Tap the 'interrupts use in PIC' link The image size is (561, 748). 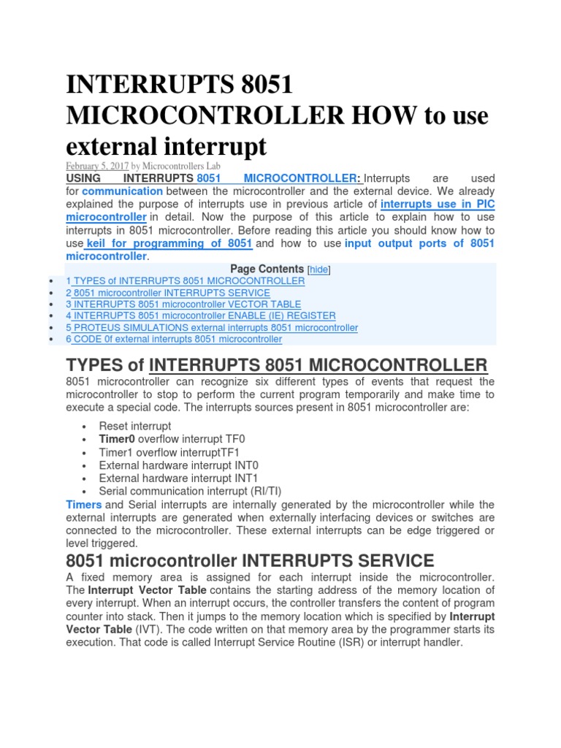click(438, 205)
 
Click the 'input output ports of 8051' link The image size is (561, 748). click(419, 243)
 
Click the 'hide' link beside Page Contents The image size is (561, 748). click(319, 270)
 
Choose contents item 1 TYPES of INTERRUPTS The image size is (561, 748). click(185, 280)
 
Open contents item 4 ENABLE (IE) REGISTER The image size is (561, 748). click(200, 316)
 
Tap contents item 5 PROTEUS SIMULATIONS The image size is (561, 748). click(212, 328)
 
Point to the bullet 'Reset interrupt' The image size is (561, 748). click(135, 426)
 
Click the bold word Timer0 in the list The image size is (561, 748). click(117, 439)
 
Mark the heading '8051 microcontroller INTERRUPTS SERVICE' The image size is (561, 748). click(250, 561)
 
